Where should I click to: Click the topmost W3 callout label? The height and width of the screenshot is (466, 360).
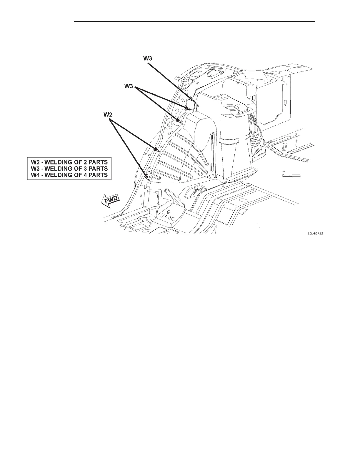click(148, 58)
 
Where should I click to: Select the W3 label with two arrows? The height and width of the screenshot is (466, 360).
click(129, 86)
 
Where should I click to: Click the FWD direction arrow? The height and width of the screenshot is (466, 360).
click(110, 201)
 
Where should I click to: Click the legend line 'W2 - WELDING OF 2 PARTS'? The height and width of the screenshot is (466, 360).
click(69, 162)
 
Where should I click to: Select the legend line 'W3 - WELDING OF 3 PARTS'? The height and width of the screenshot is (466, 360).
click(69, 169)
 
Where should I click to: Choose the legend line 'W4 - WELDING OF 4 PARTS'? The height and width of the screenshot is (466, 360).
click(69, 175)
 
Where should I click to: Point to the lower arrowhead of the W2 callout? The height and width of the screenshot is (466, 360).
click(148, 179)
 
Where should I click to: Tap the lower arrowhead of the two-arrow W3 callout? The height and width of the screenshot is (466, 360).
click(183, 124)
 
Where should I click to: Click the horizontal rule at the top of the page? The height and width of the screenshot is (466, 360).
click(194, 21)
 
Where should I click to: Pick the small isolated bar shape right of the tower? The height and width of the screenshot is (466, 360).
click(291, 175)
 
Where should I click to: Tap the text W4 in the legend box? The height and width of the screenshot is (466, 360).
click(35, 175)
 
